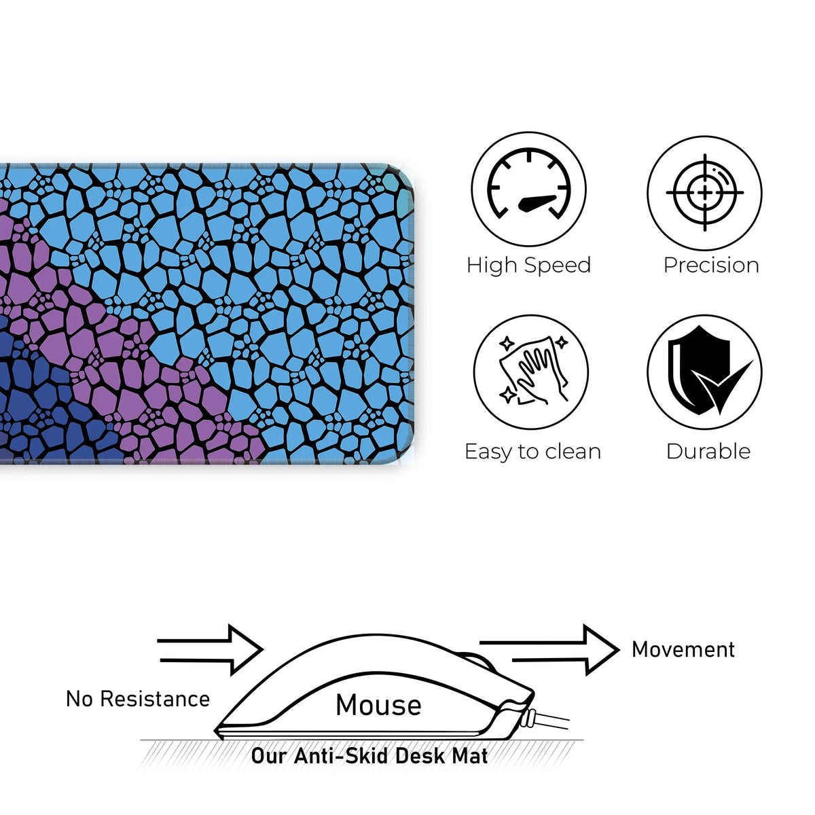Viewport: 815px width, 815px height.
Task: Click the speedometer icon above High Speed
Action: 528,189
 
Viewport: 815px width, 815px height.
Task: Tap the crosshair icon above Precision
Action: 704,193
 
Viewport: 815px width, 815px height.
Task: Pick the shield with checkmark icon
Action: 704,372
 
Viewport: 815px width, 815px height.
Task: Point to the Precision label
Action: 711,265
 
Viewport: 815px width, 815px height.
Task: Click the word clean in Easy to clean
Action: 570,452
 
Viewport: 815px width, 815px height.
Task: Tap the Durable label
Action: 708,452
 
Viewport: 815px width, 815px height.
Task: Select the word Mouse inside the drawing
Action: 378,705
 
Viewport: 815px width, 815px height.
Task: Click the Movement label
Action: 683,649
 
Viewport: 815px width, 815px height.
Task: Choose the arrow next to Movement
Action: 550,650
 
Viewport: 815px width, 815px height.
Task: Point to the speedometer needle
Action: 537,202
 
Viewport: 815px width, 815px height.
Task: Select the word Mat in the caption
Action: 471,756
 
